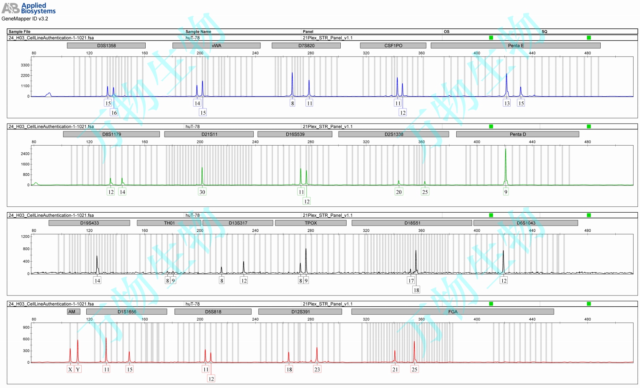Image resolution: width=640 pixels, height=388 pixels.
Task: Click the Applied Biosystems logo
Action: point(28,8)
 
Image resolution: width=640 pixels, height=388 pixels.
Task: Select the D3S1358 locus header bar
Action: point(106,46)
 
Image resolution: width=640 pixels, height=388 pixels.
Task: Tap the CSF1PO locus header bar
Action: point(393,46)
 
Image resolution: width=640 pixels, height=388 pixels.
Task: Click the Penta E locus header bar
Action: point(515,46)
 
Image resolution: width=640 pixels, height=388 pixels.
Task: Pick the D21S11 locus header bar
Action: point(209,134)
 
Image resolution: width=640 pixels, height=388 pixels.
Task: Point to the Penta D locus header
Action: point(517,134)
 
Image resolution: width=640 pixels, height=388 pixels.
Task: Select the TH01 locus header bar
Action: point(169,223)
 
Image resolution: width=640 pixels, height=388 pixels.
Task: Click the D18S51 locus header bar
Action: point(412,223)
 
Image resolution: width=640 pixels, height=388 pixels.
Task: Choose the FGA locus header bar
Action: point(452,312)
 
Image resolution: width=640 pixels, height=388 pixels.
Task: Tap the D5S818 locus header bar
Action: point(213,312)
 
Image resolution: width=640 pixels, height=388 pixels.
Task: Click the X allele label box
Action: point(70,369)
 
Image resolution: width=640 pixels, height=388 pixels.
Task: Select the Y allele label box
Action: point(78,369)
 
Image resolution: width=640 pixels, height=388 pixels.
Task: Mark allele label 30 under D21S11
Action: point(202,192)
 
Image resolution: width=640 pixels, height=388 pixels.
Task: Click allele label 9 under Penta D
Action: point(506,192)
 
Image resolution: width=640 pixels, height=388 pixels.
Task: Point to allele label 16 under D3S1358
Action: point(114,113)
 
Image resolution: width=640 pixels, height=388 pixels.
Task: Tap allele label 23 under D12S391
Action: point(317,369)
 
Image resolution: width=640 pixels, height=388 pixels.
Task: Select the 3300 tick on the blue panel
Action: point(25,65)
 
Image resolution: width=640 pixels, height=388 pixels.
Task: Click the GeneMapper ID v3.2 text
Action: point(25,19)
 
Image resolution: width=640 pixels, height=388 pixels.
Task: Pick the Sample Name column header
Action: point(198,31)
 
